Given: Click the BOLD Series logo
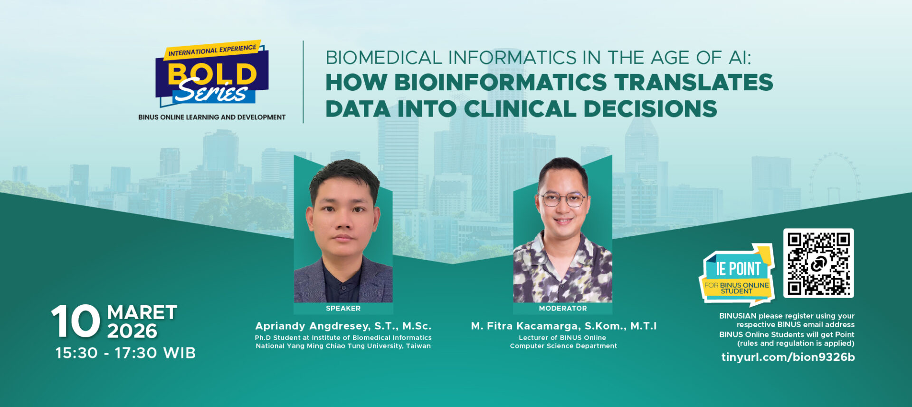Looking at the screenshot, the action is click(212, 74).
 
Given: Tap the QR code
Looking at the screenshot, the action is click(818, 263).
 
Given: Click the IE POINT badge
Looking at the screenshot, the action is click(737, 274).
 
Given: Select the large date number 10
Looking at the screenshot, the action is click(76, 321).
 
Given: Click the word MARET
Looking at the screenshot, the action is click(142, 313).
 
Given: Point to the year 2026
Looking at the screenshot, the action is click(132, 331).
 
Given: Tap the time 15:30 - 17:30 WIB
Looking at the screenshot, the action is click(125, 353).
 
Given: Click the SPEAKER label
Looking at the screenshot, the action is click(343, 309).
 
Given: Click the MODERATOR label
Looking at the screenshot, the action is click(563, 309).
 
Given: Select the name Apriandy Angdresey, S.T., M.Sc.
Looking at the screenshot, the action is click(343, 326).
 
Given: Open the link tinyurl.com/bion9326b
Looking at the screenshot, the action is click(788, 357).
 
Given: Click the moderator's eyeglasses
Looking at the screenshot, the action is click(563, 199).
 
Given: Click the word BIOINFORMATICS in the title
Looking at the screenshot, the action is click(501, 82).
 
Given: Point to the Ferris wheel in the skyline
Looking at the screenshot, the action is click(835, 176).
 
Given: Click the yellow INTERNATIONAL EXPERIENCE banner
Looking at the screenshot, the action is click(212, 50).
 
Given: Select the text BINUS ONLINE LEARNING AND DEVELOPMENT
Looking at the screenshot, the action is click(212, 117).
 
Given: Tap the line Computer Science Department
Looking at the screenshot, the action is click(563, 346).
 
